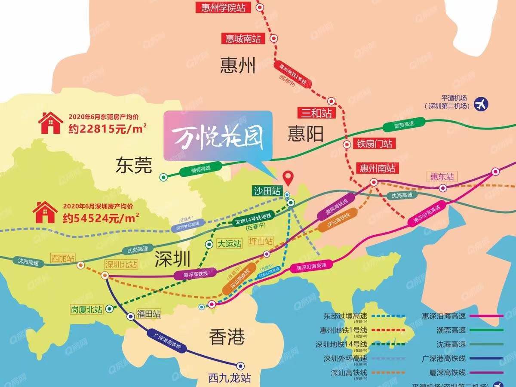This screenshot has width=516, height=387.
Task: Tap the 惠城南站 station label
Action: pos(243,38)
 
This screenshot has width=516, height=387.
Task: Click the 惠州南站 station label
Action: pos(378,168)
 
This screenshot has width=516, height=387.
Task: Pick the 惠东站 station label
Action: pos(442,176)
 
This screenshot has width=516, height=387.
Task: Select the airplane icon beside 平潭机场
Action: pos(482,104)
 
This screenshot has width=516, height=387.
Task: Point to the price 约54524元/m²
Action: pos(101,218)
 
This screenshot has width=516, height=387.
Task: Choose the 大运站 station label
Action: pos(229,244)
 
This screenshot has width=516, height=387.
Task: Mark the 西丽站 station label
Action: pos(63,258)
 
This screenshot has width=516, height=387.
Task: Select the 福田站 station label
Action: pos(148,313)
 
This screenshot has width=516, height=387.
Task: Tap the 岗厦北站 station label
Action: pos(87,309)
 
